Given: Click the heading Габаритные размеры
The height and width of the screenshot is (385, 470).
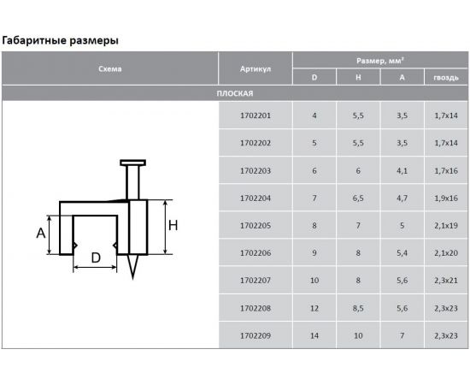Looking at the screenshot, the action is point(61,40).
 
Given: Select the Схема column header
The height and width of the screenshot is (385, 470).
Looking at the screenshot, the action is point(110,69).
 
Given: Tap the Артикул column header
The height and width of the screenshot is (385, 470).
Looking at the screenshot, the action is point(256,69).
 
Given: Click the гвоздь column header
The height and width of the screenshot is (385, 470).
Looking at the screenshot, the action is point(446,78).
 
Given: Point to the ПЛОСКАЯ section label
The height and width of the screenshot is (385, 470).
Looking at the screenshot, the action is point(235,93).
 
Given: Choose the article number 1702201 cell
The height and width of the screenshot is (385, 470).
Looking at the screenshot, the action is point(256,115).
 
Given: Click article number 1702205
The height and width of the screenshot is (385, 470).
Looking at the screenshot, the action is point(256,225).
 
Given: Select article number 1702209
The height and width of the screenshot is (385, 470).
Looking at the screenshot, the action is point(256,335).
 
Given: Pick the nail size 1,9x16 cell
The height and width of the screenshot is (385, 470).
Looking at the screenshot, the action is point(446,198).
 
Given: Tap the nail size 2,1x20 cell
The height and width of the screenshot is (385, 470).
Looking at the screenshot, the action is point(446,253).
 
